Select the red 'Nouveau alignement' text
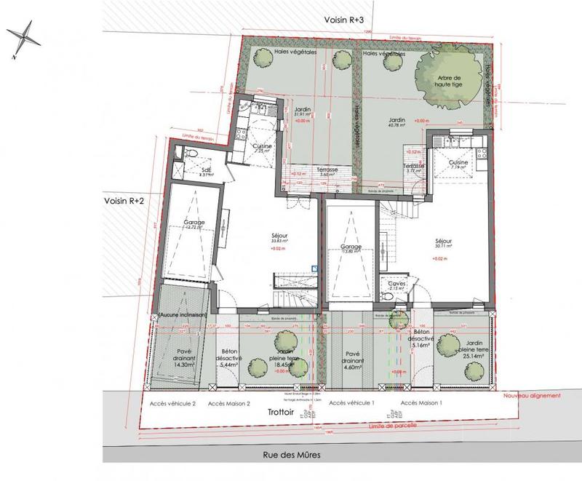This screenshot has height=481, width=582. [x=533, y=395]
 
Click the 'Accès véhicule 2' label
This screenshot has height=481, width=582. [x=172, y=402]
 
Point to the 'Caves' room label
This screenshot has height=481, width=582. [x=396, y=285]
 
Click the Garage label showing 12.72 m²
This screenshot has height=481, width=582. [x=194, y=225]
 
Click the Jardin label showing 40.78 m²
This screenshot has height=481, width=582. [x=397, y=123]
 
